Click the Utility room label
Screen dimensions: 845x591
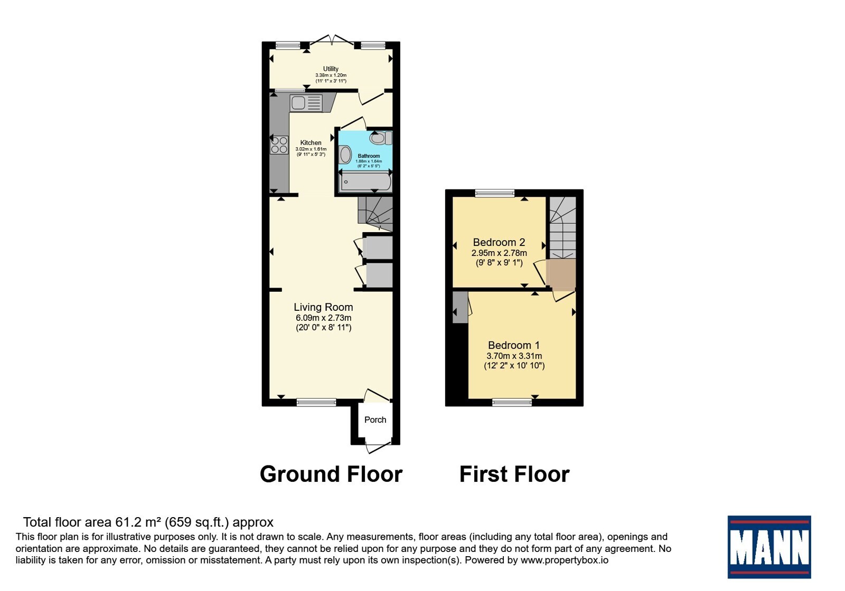(x=331, y=69)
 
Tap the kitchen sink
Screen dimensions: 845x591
(x=306, y=103)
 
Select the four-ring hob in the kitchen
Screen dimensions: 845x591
(x=279, y=145)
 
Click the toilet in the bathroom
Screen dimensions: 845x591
(x=381, y=138)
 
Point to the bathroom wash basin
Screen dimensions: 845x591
(x=345, y=155)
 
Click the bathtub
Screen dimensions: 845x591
(x=365, y=183)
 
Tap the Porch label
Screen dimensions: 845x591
(x=375, y=420)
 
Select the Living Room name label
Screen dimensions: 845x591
(x=323, y=307)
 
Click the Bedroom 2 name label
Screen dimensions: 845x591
(x=499, y=242)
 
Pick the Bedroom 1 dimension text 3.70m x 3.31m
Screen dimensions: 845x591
(x=514, y=356)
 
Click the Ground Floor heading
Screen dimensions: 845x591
(x=331, y=474)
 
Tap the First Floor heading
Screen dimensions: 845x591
(x=514, y=474)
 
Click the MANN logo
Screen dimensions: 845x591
(x=769, y=547)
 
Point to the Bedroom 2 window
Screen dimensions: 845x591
(x=494, y=193)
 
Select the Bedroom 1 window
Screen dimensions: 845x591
(x=512, y=403)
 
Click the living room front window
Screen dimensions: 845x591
(x=316, y=403)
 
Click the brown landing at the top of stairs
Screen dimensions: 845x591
(x=561, y=275)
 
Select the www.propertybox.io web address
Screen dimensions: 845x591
(x=565, y=560)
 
